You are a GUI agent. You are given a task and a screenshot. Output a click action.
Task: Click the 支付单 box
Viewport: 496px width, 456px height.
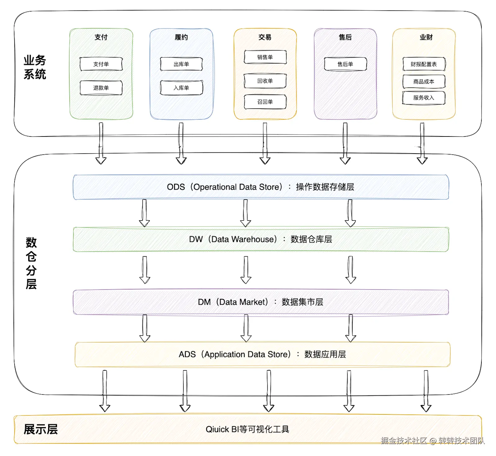click(101, 64)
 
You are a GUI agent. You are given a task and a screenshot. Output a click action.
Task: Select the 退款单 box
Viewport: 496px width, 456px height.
click(101, 88)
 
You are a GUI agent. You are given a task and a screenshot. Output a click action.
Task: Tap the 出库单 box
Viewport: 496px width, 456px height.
click(181, 64)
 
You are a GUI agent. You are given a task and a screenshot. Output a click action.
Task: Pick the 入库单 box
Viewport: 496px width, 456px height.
click(181, 88)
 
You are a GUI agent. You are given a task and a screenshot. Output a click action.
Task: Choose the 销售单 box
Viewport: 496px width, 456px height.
click(265, 57)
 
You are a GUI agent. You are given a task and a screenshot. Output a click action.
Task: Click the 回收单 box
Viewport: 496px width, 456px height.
click(265, 81)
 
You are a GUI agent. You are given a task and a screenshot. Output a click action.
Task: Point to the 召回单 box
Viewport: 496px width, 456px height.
click(265, 102)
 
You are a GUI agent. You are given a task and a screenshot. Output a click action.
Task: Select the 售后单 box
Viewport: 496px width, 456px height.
click(345, 64)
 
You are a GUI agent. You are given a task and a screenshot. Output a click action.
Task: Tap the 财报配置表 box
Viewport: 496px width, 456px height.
click(424, 64)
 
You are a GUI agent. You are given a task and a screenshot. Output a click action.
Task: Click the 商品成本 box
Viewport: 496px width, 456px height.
click(424, 82)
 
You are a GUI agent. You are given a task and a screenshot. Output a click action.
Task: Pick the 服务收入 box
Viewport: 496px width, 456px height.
click(424, 98)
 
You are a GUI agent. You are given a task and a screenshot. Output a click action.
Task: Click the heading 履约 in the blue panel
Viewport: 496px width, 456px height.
click(181, 37)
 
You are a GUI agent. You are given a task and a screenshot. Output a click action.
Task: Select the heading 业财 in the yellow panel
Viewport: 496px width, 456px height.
click(426, 37)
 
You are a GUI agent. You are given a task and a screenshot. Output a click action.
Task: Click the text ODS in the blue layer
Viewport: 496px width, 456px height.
click(176, 187)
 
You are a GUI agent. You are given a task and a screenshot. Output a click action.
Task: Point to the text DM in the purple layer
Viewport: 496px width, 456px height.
click(204, 302)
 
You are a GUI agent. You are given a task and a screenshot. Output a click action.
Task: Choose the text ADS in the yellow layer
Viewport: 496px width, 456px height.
click(187, 354)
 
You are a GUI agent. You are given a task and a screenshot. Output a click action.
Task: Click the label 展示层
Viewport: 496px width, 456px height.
click(41, 429)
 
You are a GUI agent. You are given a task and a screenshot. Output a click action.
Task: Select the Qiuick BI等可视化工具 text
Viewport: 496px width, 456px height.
click(247, 429)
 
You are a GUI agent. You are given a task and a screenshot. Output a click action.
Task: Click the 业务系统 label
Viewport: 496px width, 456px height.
click(35, 67)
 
